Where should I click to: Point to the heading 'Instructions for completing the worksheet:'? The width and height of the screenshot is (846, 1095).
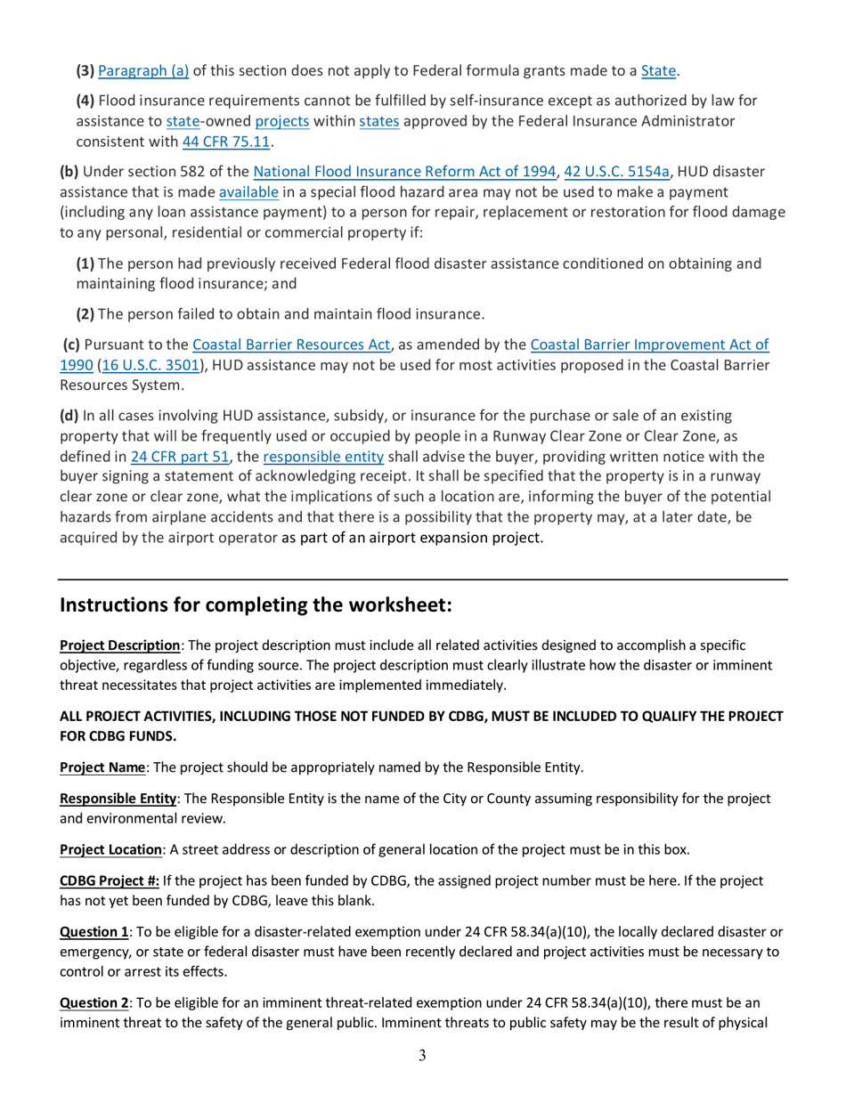[256, 606]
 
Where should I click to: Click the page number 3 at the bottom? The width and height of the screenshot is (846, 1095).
[422, 1056]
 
